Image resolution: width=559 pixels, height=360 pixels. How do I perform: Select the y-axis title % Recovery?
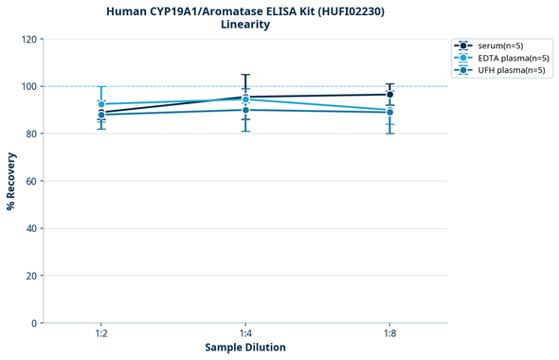coord(11,181)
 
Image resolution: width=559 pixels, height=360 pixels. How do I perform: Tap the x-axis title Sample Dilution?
coord(245,348)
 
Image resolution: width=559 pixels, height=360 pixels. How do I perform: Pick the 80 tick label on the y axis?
coord(31,135)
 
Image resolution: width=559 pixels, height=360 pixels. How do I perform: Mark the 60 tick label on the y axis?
coord(31,182)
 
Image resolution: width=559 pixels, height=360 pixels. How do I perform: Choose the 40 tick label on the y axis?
coord(31,229)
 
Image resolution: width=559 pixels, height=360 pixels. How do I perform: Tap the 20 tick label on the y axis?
coord(31,277)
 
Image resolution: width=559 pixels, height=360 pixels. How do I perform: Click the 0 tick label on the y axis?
coord(34,324)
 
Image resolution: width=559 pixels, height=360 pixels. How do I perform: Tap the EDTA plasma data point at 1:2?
coord(101,104)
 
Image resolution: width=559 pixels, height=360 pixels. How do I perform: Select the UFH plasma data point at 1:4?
coord(245,110)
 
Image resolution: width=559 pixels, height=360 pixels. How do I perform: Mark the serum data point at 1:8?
coord(389,95)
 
